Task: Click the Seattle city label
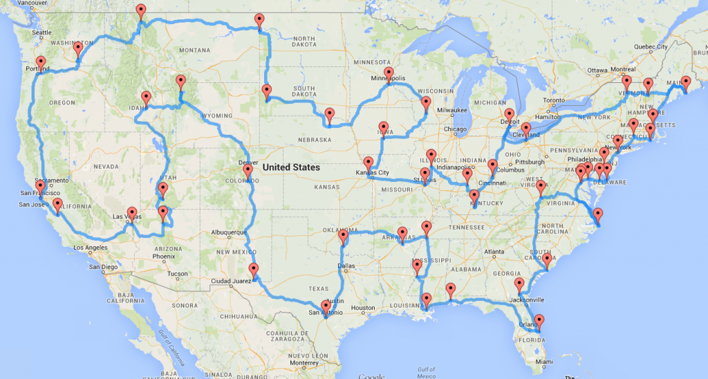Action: click(41, 33)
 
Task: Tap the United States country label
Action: click(291, 167)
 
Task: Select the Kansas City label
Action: click(373, 172)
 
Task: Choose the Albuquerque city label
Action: click(227, 232)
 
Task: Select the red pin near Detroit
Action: click(510, 115)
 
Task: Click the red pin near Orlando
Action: click(539, 321)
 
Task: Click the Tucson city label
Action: click(178, 274)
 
